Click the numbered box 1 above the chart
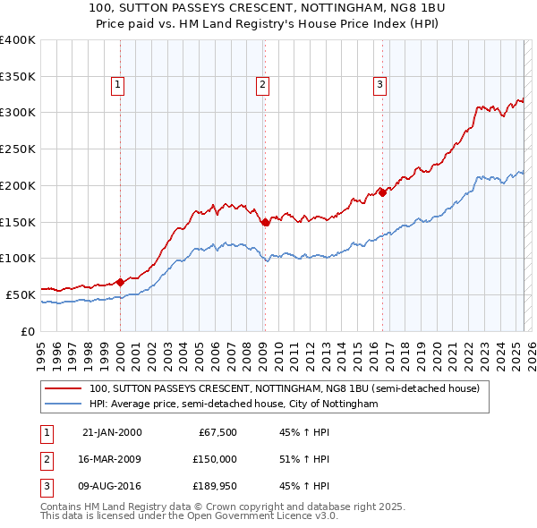click(118, 85)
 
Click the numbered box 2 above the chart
click(262, 85)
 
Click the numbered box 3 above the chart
click(379, 85)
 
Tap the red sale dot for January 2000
click(120, 282)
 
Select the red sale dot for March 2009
click(265, 222)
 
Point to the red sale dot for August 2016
click(382, 192)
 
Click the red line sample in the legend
click(64, 389)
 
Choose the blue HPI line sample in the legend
click(64, 405)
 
